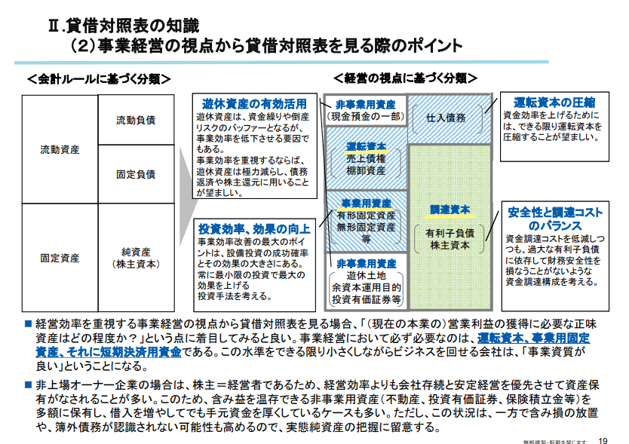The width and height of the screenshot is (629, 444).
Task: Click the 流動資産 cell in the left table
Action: (x=60, y=150)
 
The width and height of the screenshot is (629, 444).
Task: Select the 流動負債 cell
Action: (x=136, y=121)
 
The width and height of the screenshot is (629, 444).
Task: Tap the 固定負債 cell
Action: (x=136, y=174)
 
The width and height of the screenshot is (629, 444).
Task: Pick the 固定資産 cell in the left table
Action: (x=60, y=257)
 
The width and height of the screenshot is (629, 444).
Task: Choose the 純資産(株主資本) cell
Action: (x=136, y=257)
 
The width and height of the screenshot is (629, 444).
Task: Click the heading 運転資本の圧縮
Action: (x=554, y=102)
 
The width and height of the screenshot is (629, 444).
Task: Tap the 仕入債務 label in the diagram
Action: (x=446, y=118)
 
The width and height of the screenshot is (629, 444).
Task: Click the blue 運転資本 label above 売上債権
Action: (x=366, y=145)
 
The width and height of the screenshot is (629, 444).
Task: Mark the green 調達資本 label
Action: (x=450, y=210)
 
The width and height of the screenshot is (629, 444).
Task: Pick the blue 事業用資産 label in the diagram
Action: (x=366, y=204)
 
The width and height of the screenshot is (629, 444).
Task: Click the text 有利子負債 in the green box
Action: (x=450, y=233)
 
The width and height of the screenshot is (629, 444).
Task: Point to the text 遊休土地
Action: (x=366, y=275)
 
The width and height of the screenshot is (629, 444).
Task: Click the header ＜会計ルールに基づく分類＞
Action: (x=98, y=78)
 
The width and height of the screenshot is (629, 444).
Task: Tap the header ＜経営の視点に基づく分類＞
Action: (x=405, y=78)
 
